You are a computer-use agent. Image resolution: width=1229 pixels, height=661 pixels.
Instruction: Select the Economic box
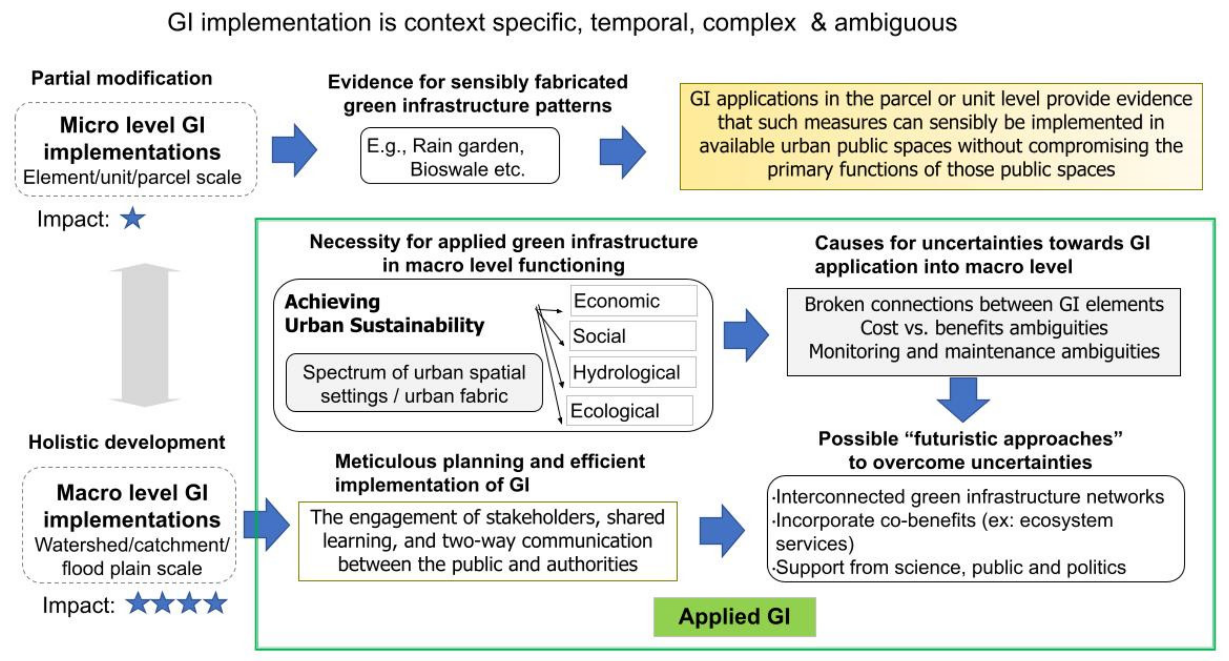coord(633,301)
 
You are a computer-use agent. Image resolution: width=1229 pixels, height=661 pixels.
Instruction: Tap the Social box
coord(632,336)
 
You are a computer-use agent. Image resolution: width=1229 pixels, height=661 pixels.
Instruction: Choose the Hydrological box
coord(632,372)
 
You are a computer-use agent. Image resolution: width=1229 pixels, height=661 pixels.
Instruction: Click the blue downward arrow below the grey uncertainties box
coord(963,399)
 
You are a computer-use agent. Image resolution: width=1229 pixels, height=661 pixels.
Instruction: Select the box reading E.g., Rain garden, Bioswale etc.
coord(459,156)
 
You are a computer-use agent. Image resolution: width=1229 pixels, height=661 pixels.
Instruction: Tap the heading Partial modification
coord(122,78)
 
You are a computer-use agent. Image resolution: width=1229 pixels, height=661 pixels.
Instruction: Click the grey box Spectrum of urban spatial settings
coord(414,383)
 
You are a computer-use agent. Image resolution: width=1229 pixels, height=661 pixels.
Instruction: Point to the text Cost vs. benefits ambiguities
coord(983,328)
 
